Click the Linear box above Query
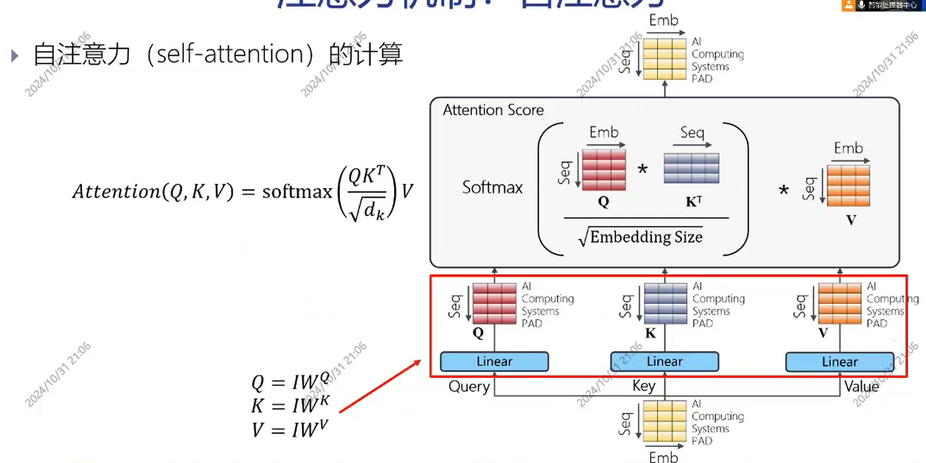click(x=494, y=361)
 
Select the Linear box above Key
click(x=664, y=361)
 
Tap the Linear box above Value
click(x=839, y=362)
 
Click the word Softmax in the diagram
click(x=492, y=187)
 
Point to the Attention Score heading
click(x=493, y=110)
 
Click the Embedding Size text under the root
click(x=645, y=237)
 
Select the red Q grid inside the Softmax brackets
click(x=604, y=169)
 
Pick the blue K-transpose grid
click(x=691, y=168)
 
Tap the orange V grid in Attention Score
click(x=848, y=186)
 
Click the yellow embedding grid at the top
click(x=664, y=59)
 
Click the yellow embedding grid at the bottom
click(x=664, y=420)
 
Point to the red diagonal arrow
click(x=380, y=386)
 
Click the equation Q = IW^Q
click(x=290, y=381)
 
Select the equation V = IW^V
click(x=290, y=429)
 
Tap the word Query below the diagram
click(x=469, y=387)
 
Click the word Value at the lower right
click(x=861, y=387)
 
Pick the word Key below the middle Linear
click(x=643, y=386)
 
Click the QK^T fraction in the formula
click(x=367, y=193)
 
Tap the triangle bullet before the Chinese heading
click(x=15, y=56)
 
